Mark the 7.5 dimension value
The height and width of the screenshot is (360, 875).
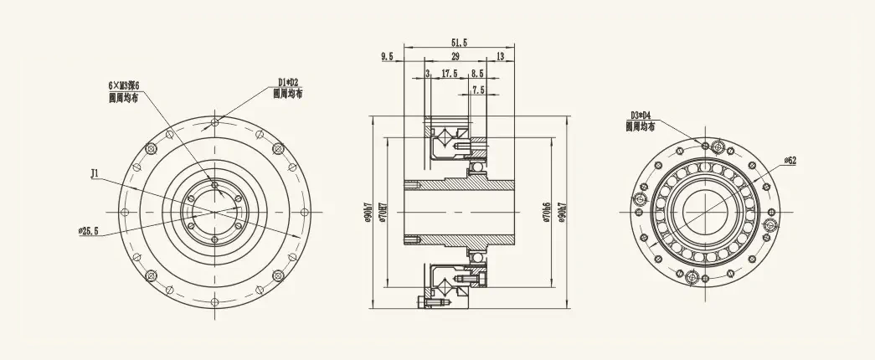pyautogui.click(x=478, y=90)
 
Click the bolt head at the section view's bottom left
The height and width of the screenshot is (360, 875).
pyautogui.click(x=420, y=299)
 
